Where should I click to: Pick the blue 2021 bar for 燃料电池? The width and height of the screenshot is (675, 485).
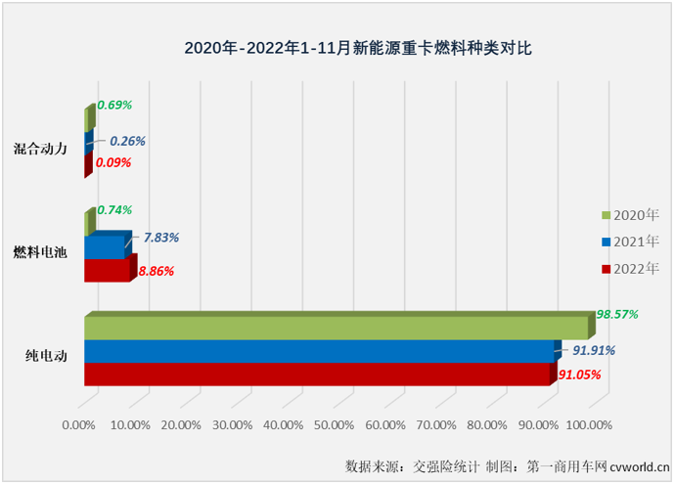pyautogui.click(x=105, y=248)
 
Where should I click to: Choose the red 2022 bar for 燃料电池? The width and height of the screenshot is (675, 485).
pyautogui.click(x=108, y=271)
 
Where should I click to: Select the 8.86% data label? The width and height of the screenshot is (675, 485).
pyautogui.click(x=163, y=271)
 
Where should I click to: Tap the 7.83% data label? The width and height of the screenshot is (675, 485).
pyautogui.click(x=160, y=237)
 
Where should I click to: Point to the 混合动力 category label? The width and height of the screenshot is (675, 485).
pyautogui.click(x=40, y=149)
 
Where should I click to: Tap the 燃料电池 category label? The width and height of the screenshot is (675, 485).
pyautogui.click(x=40, y=252)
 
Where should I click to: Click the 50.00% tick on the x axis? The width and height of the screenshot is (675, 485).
pyautogui.click(x=334, y=425)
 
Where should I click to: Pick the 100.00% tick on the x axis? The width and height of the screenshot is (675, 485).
pyautogui.click(x=589, y=425)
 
